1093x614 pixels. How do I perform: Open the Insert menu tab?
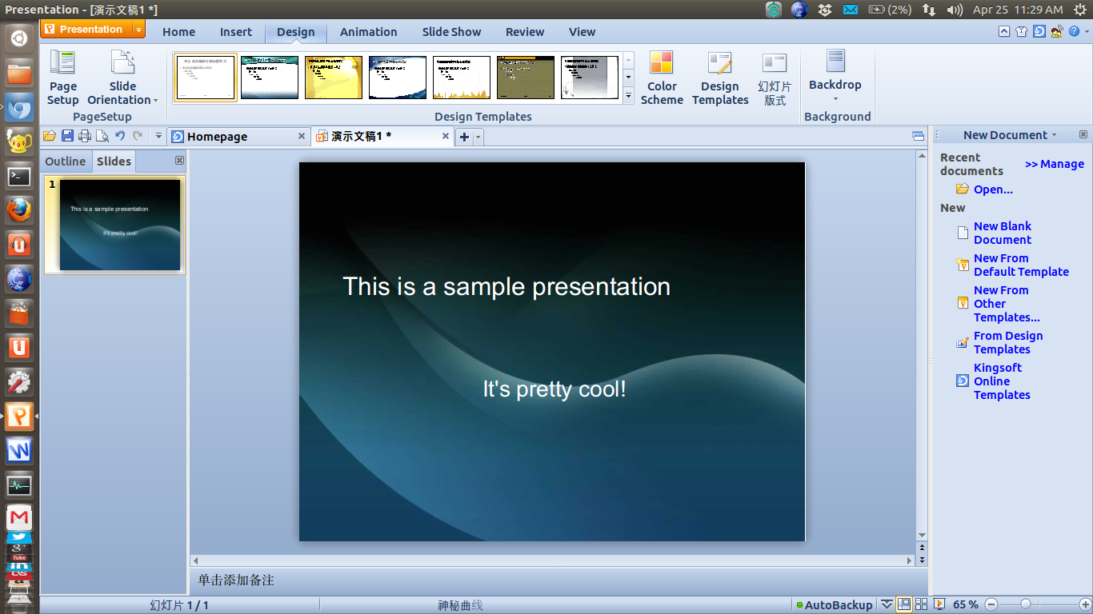click(x=236, y=32)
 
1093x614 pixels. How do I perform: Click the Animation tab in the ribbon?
click(x=368, y=32)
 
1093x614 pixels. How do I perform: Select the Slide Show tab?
click(x=451, y=32)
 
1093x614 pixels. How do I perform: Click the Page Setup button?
click(x=62, y=78)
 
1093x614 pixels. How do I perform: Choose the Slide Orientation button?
click(x=122, y=78)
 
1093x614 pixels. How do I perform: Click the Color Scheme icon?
click(x=662, y=78)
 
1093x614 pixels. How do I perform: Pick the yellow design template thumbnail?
click(x=334, y=78)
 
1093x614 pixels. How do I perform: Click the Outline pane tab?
click(x=65, y=161)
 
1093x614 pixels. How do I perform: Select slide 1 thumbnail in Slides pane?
click(x=119, y=225)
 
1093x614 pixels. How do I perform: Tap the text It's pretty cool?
click(x=554, y=389)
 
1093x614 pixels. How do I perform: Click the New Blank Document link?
click(x=1002, y=233)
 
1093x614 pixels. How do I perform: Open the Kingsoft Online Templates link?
click(x=1001, y=381)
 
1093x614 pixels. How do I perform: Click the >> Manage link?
click(x=1054, y=164)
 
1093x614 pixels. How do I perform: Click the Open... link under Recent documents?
click(x=992, y=189)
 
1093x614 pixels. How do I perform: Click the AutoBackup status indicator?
click(x=837, y=604)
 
